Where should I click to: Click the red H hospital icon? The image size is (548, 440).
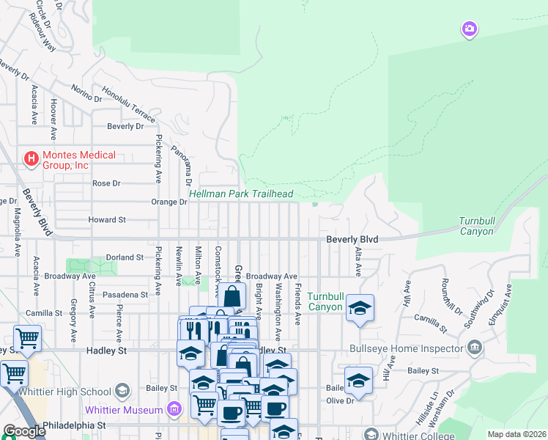click(32, 158)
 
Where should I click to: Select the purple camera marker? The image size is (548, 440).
click(470, 29)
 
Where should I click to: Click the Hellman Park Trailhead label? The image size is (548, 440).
click(241, 194)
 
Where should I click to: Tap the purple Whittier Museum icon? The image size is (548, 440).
click(174, 408)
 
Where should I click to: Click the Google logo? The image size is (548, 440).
click(24, 431)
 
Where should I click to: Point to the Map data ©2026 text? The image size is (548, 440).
click(516, 434)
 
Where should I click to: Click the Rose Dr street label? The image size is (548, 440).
click(105, 183)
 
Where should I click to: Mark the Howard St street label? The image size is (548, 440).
click(107, 219)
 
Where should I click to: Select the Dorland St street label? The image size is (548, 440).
click(124, 257)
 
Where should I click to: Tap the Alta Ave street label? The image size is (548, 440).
click(358, 262)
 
